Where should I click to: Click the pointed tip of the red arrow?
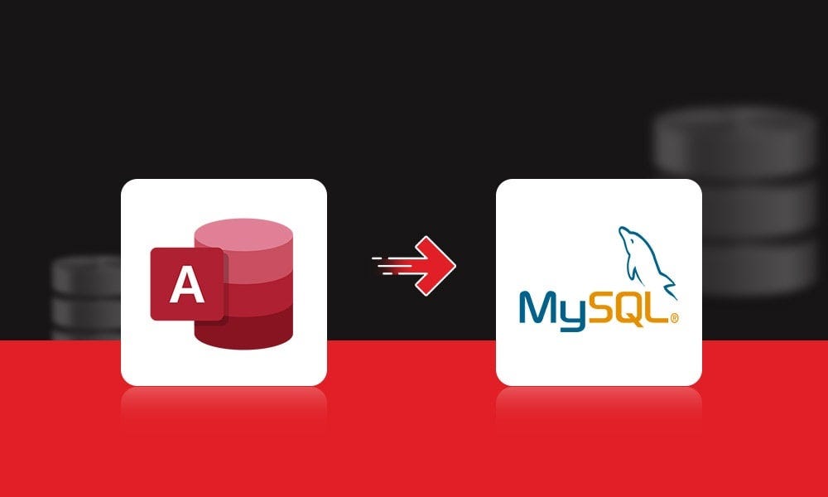454,265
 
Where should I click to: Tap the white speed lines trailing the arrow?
389,265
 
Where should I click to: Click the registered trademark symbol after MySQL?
675,317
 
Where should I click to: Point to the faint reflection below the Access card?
224,406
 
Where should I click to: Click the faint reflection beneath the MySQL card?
599,406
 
